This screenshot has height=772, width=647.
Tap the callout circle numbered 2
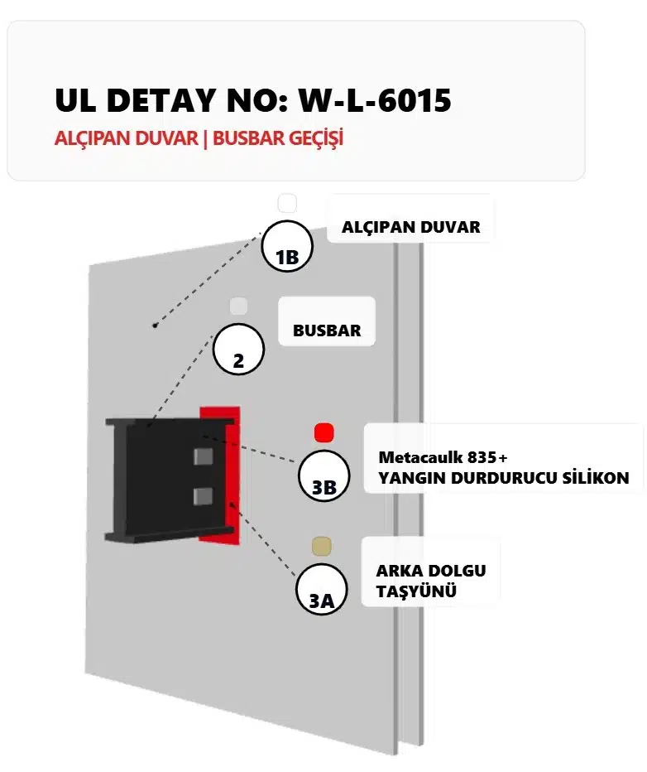[238, 350]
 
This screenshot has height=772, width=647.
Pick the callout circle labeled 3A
[321, 590]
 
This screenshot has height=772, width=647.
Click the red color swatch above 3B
[323, 432]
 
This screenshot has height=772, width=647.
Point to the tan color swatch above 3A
[321, 545]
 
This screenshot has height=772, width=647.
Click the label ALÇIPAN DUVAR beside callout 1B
[410, 226]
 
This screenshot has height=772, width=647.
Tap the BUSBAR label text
[327, 330]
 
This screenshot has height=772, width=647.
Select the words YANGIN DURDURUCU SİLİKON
[503, 478]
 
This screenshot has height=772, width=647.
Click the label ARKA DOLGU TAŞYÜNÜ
[430, 581]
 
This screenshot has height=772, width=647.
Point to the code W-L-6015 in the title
[375, 101]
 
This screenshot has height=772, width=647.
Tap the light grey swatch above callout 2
[238, 306]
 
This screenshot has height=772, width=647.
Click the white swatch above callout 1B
[286, 203]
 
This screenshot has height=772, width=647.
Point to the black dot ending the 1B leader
[155, 326]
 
